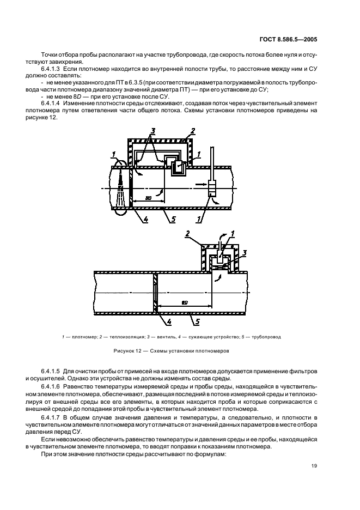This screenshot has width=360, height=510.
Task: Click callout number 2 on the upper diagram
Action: (192, 132)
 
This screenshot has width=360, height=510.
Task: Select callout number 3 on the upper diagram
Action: (154, 132)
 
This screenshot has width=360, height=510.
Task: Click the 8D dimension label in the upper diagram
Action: (149, 198)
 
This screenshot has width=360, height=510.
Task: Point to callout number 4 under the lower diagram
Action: (169, 323)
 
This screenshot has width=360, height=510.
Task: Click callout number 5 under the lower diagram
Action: (191, 323)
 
